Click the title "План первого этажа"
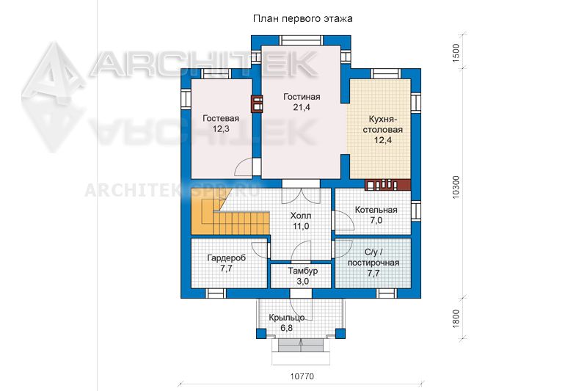(302, 19)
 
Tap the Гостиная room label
(302, 97)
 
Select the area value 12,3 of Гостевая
(221, 129)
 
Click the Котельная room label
(376, 210)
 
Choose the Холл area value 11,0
(301, 226)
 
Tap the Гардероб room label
(227, 258)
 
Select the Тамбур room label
(302, 271)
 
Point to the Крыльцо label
(286, 318)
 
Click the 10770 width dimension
(302, 376)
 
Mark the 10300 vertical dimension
(456, 187)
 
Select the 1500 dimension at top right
(456, 53)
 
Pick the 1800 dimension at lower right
(456, 319)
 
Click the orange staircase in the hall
(228, 213)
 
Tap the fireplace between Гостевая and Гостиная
(256, 104)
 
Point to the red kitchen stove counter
(388, 185)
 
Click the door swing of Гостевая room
(244, 167)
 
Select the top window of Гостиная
(302, 40)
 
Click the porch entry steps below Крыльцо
(301, 346)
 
